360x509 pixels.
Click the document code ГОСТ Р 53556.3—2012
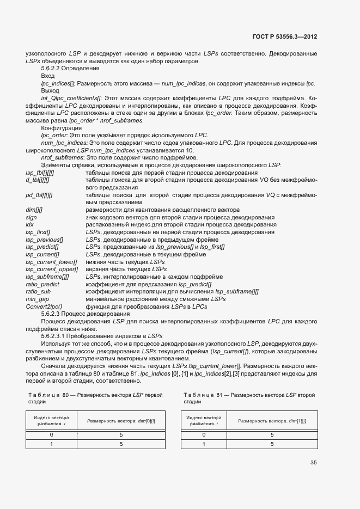point(285,36)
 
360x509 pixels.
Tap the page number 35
point(313,463)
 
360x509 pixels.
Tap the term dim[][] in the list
point(34,210)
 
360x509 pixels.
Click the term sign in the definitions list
point(31,217)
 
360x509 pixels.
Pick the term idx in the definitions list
point(30,224)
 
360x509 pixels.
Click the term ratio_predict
point(42,284)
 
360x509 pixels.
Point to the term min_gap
point(38,299)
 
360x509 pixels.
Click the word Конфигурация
point(61,128)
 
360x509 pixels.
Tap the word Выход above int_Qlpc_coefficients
point(50,90)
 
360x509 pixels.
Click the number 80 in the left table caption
point(65,395)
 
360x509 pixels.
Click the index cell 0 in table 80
point(51,435)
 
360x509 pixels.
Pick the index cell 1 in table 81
point(204,444)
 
